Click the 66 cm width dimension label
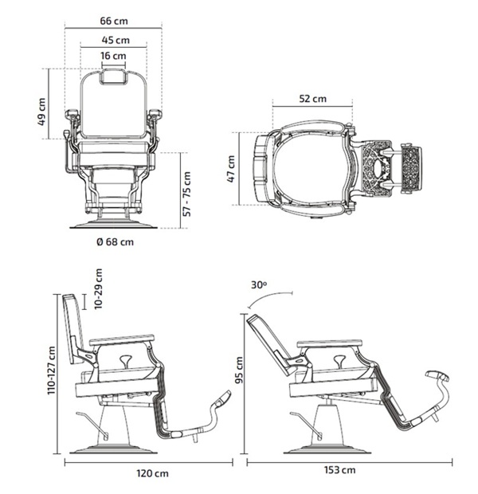(x=114, y=21)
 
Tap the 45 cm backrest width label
(x=116, y=41)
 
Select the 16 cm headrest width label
(x=113, y=56)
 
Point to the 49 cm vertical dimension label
(x=41, y=112)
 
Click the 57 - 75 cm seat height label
(x=187, y=194)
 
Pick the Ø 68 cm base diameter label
(x=115, y=242)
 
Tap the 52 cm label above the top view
(x=312, y=99)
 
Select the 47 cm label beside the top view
(x=231, y=169)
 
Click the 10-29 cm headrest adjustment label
(x=99, y=288)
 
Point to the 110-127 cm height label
(x=51, y=370)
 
